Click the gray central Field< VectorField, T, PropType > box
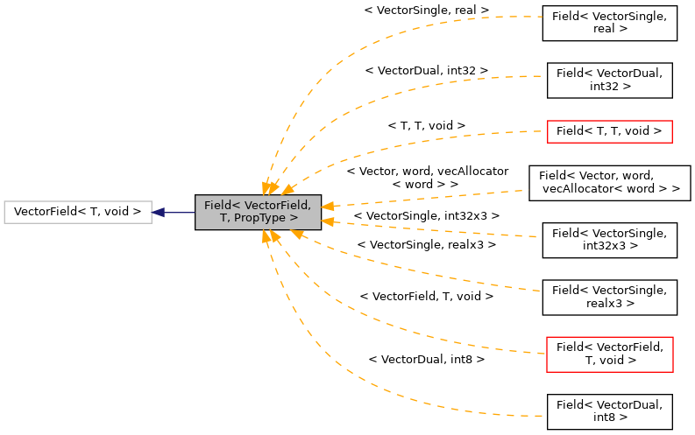tap(258, 212)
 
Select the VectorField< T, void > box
tap(78, 212)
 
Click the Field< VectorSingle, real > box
tap(609, 23)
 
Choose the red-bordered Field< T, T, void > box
tap(609, 131)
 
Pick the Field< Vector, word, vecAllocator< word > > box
tap(609, 182)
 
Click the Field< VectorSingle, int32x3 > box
tap(609, 240)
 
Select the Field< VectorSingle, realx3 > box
tap(609, 298)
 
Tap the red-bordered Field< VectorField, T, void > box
tap(609, 354)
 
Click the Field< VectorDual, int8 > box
tap(609, 411)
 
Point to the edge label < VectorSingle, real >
tap(426, 11)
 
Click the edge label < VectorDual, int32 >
tap(426, 69)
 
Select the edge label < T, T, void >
tap(426, 126)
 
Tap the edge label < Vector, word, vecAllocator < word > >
tap(426, 179)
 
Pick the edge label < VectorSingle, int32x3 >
tap(426, 215)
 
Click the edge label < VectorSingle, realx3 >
tap(426, 245)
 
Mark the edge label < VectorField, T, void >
tap(426, 297)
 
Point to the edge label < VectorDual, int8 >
tap(426, 359)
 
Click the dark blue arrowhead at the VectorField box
tap(159, 212)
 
